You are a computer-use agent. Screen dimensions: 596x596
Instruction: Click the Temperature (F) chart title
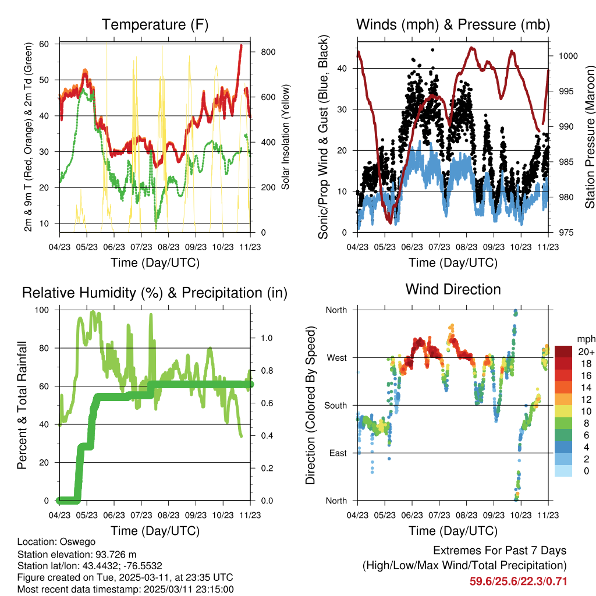155,24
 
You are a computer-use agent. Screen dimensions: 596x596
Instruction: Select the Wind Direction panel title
453,289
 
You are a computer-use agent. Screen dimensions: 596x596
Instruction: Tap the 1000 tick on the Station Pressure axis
567,56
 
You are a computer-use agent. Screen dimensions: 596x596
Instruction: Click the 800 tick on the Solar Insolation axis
268,52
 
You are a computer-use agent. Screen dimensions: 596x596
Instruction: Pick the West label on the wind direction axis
336,357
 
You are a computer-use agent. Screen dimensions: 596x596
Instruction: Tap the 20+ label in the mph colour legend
584,352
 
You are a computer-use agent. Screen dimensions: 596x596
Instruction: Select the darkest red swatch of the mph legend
563,352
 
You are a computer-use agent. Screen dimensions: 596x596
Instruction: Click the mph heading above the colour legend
584,339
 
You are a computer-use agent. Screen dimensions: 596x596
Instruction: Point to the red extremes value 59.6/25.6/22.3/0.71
519,581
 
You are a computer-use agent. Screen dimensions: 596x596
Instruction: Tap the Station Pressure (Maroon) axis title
589,137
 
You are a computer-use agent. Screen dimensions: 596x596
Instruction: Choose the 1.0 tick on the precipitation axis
266,338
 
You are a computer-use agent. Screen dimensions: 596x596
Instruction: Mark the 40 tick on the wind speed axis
343,68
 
